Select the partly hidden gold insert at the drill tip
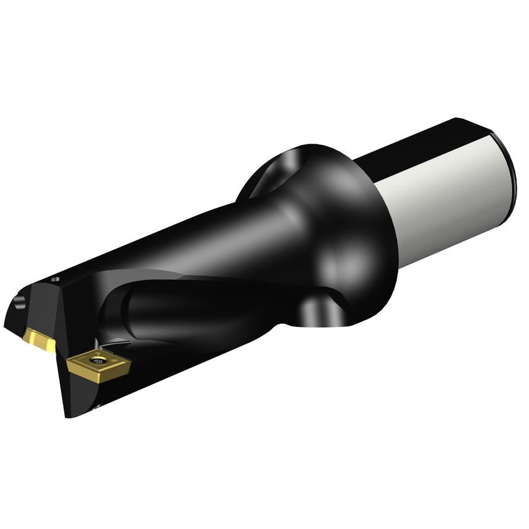38,339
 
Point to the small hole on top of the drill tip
54,279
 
